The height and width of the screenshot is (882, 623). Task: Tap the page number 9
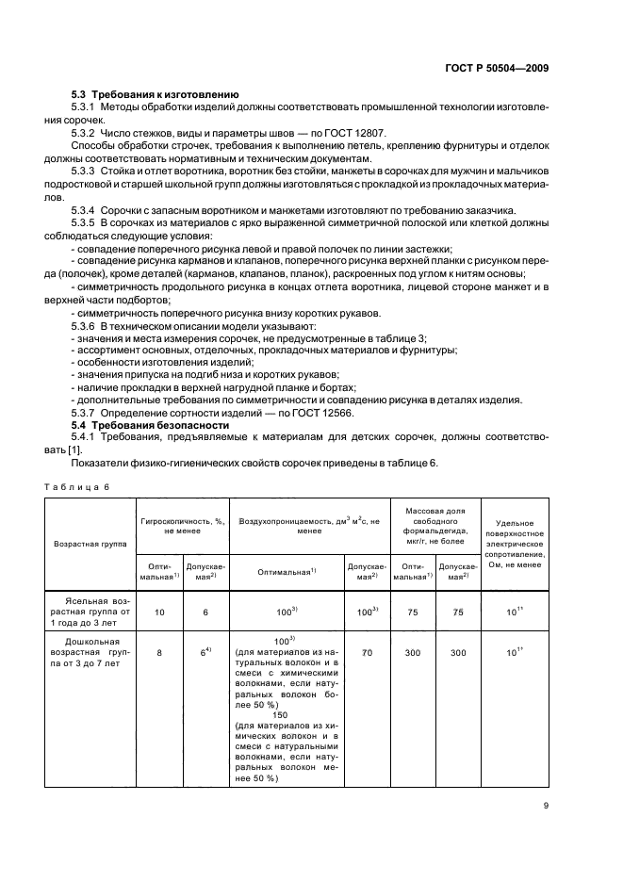pyautogui.click(x=547, y=805)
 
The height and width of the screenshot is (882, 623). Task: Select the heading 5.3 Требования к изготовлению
pyautogui.click(x=155, y=94)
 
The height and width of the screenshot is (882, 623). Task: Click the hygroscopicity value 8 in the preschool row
pyautogui.click(x=159, y=649)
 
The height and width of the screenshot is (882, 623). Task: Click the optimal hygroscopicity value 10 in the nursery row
pyautogui.click(x=159, y=612)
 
